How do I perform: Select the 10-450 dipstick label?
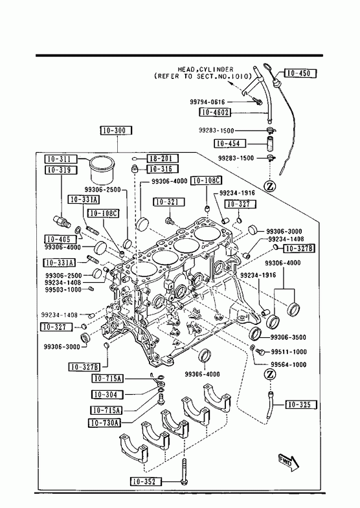[300, 73]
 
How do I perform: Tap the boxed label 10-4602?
[215, 113]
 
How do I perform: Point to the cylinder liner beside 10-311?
[102, 170]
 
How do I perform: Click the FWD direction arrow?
[289, 462]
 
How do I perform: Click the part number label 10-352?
[146, 481]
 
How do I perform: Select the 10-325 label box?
[301, 404]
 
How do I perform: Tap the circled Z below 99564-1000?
[270, 375]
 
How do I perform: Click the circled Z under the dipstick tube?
[270, 186]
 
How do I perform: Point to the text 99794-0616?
[207, 102]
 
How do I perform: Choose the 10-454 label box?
[230, 143]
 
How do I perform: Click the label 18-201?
[163, 159]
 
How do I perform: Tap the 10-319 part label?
[61, 170]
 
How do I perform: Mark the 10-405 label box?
[61, 239]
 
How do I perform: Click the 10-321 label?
[169, 202]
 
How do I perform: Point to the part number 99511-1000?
[289, 352]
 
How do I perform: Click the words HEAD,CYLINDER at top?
[205, 69]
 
